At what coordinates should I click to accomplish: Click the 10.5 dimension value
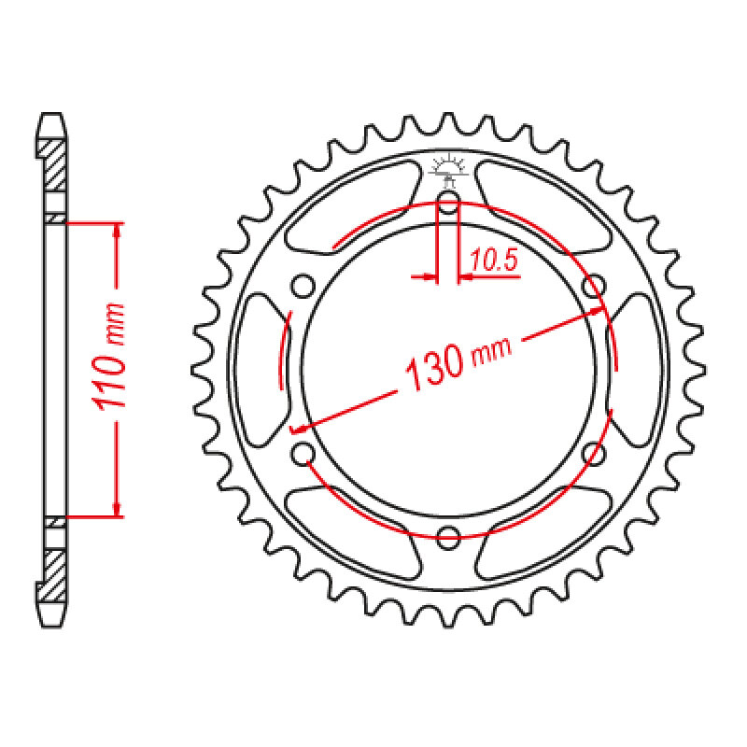coord(493,261)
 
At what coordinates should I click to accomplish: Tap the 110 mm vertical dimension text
coord(109,356)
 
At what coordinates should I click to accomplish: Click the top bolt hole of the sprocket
coord(448,202)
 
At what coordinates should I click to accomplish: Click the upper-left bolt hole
coord(303,286)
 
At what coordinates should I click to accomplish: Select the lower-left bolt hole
coord(303,454)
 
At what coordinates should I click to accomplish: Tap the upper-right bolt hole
coord(594,286)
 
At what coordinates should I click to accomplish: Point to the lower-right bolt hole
coord(594,454)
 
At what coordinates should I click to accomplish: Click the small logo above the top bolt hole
coord(448,170)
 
